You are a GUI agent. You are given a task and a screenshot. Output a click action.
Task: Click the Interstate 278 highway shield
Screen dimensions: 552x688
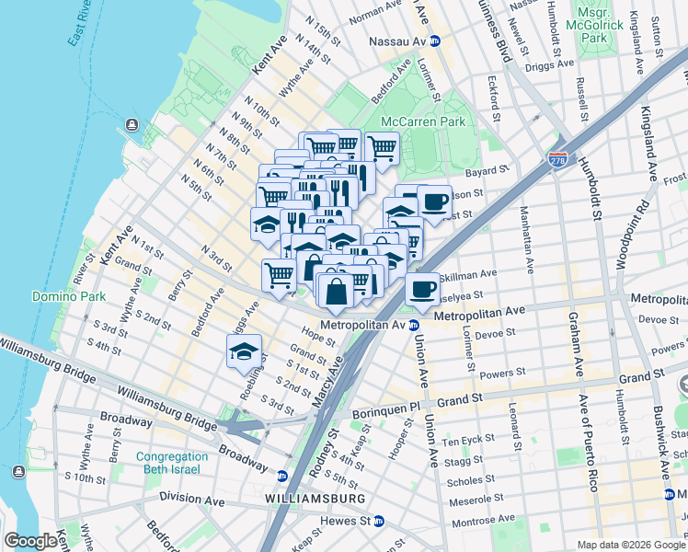pyautogui.click(x=557, y=160)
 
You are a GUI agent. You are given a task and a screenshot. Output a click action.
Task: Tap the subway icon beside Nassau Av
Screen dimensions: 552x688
pyautogui.click(x=435, y=41)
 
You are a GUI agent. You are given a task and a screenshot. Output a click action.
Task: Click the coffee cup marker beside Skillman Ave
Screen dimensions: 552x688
pyautogui.click(x=422, y=288)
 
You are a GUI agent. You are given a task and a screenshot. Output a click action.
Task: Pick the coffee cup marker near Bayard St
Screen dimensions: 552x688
pyautogui.click(x=434, y=201)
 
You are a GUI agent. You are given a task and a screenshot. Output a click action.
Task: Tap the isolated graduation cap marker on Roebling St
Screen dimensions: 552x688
pyautogui.click(x=244, y=351)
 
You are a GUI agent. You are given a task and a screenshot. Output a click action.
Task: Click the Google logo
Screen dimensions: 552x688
pyautogui.click(x=30, y=541)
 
